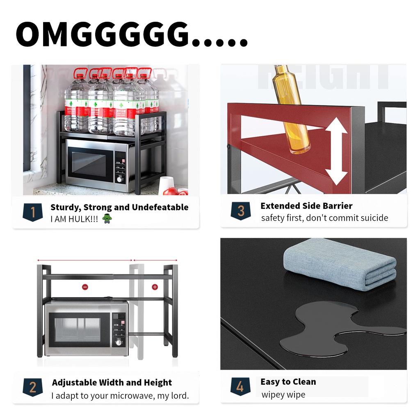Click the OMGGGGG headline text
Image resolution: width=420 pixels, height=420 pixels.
tap(132, 34)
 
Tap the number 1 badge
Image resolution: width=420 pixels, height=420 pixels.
tap(33, 212)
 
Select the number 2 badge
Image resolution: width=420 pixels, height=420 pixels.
tap(33, 387)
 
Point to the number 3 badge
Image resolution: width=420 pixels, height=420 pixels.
tap(241, 211)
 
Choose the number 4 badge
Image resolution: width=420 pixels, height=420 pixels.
tap(240, 386)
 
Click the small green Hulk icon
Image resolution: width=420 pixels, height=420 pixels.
tap(107, 219)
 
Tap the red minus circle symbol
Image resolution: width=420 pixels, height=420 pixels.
tap(85, 287)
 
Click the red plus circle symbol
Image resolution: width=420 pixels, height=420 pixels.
tap(155, 287)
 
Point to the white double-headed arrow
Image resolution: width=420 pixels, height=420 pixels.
tap(336, 151)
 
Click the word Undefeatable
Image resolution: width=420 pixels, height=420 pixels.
tap(160, 207)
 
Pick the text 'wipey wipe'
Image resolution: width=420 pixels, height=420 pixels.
tap(283, 395)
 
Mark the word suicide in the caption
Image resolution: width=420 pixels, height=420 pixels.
tap(374, 218)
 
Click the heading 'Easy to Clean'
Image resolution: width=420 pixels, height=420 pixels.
tap(288, 382)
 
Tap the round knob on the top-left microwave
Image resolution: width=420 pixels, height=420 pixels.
tap(119, 179)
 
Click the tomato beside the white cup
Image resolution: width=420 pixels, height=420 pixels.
tap(171, 191)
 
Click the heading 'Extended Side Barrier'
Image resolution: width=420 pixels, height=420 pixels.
tap(306, 206)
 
